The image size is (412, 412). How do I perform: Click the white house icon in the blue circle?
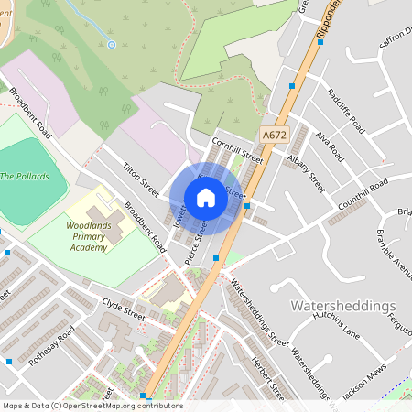pos(206,198)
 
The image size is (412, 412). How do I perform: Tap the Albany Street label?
pos(306,169)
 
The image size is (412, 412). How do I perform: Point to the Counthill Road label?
pos(363,193)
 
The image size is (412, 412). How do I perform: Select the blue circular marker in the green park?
pos(111,44)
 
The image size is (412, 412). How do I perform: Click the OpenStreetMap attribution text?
pos(92,406)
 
